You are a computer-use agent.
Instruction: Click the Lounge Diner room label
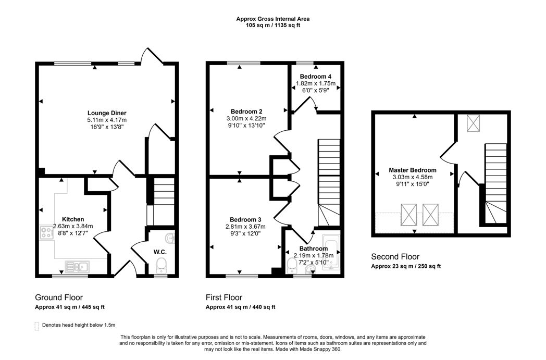pos(107,113)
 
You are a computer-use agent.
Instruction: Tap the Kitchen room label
pos(73,219)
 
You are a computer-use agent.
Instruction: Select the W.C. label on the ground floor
pos(159,252)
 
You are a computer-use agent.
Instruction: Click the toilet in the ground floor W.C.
pos(161,264)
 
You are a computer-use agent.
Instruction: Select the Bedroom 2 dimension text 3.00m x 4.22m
pos(246,118)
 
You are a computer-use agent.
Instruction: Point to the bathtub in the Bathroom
pos(331,254)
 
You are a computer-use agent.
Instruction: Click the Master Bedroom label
pos(413,170)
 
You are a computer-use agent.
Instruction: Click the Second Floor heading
pos(395,257)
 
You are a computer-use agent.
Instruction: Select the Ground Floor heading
pos(58,297)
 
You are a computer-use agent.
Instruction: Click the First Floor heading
pos(224,297)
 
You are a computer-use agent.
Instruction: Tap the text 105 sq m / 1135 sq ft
pos(273,25)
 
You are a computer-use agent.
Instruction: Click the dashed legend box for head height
pos(36,326)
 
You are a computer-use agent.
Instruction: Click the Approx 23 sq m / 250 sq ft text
pos(406,266)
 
